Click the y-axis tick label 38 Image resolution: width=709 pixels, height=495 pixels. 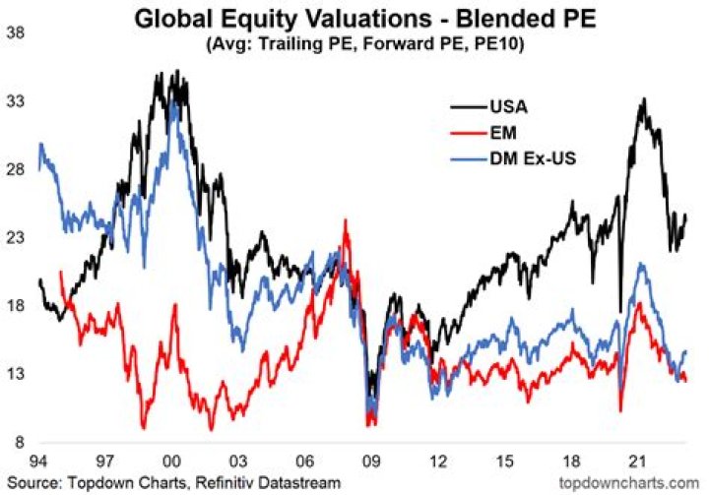click(x=16, y=33)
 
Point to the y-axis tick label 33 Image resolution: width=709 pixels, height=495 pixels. click(x=16, y=101)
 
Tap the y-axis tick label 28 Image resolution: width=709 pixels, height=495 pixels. click(x=16, y=170)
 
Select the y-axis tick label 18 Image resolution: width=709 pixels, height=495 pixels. click(x=16, y=306)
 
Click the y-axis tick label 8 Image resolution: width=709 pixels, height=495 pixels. click(x=20, y=442)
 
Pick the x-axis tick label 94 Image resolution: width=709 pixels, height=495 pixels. click(x=38, y=462)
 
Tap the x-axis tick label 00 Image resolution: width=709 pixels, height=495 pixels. click(x=171, y=462)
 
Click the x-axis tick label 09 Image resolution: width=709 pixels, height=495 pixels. click(x=371, y=462)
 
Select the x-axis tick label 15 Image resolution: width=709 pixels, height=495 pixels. click(x=505, y=462)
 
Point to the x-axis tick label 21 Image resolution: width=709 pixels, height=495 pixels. click(x=637, y=462)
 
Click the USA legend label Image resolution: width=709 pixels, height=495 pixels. click(x=509, y=107)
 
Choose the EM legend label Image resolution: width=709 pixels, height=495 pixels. click(x=503, y=133)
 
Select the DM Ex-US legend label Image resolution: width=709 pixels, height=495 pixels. click(x=533, y=158)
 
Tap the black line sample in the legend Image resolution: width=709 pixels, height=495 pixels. click(x=469, y=107)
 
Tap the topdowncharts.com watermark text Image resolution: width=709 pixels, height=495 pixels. click(x=629, y=483)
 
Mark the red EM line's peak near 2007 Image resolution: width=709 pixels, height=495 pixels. click(x=346, y=220)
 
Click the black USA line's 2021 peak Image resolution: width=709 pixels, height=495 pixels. click(x=644, y=98)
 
